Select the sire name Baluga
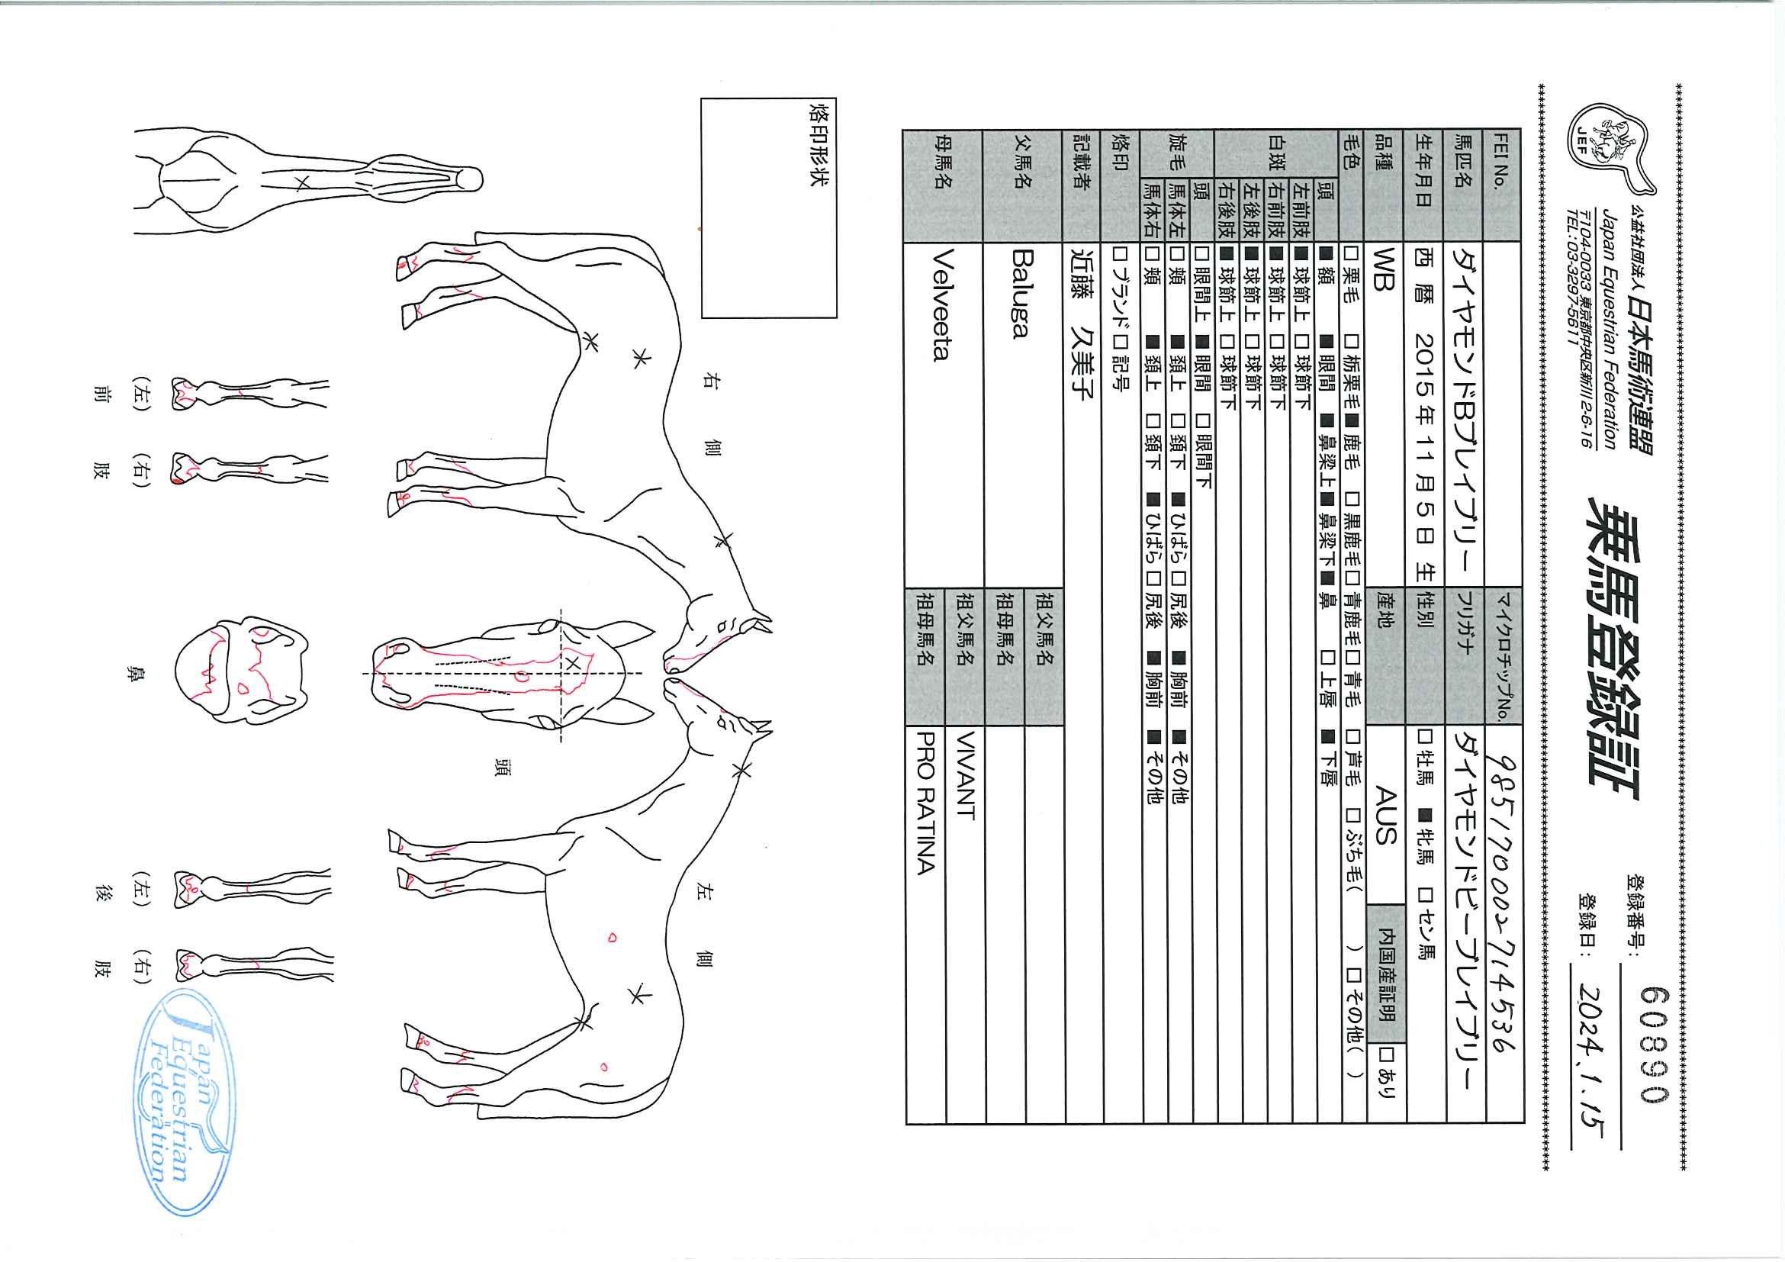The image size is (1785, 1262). pyautogui.click(x=1021, y=293)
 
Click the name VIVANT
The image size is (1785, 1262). pyautogui.click(x=965, y=774)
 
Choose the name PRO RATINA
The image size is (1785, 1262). pyautogui.click(x=925, y=802)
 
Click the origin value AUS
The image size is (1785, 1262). pyautogui.click(x=1386, y=815)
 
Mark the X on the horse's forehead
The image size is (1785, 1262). pyautogui.click(x=571, y=663)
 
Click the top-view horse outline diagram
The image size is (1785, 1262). pyautogui.click(x=308, y=181)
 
